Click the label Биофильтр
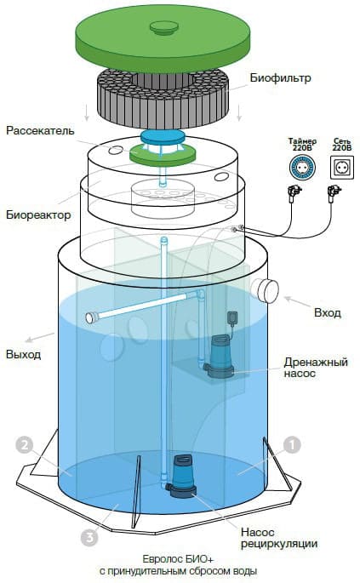pyautogui.click(x=281, y=78)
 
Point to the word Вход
pyautogui.click(x=327, y=313)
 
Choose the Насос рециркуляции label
pyautogui.click(x=285, y=537)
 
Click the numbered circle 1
pyautogui.click(x=291, y=444)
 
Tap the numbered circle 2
pyautogui.click(x=26, y=444)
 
